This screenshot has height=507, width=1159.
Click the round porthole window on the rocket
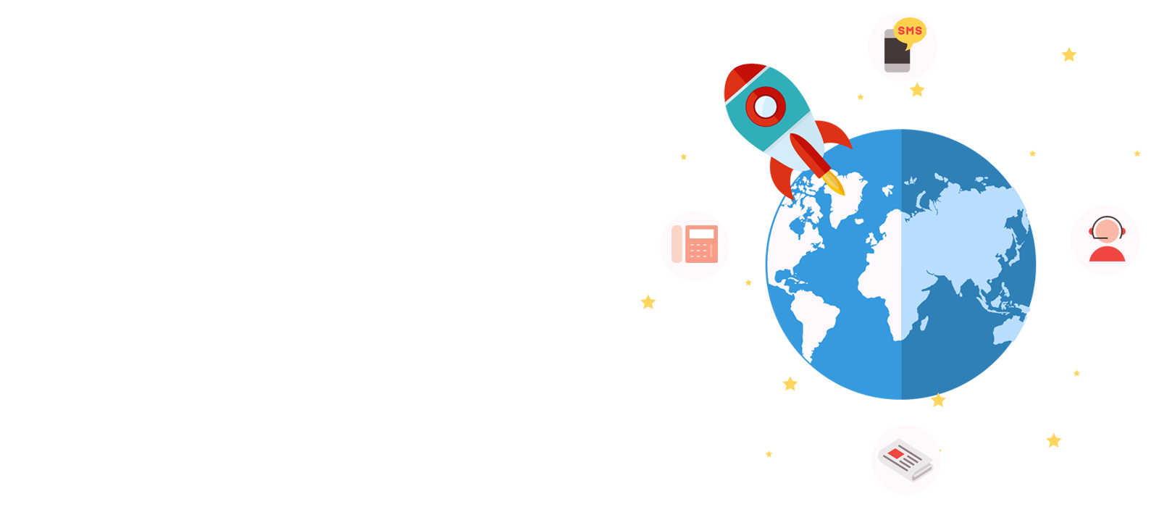[x=765, y=106]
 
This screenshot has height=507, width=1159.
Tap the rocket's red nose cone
[x=745, y=78]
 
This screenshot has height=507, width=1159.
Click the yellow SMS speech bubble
[x=910, y=31]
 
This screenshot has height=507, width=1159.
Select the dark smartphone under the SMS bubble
[x=897, y=52]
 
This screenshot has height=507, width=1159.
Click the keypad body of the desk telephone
[x=701, y=243]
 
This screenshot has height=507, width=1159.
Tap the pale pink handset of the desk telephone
[x=677, y=243]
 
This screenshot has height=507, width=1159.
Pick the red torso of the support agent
[x=1107, y=254]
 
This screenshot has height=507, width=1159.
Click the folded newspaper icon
[x=905, y=460]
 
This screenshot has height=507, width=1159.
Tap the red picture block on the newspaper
[x=896, y=454]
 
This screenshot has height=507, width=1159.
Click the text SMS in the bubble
[x=910, y=30]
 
